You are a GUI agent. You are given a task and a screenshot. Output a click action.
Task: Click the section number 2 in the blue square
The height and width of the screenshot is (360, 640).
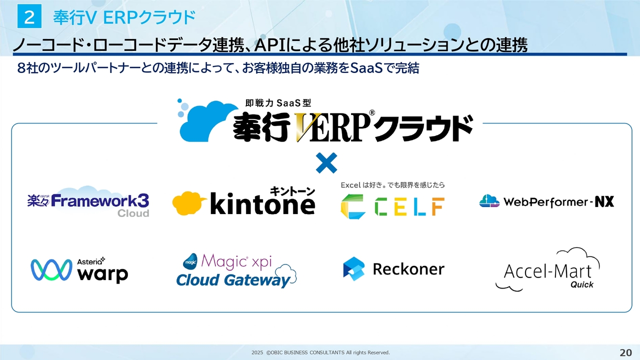point(29,17)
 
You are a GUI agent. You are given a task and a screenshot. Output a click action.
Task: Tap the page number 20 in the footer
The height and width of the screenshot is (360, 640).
point(625,352)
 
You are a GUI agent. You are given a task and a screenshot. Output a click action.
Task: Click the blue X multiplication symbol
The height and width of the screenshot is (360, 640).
point(326,163)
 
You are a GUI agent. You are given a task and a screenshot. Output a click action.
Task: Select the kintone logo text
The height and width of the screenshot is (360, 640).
point(262,204)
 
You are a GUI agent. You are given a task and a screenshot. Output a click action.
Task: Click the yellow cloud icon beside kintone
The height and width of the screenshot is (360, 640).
point(189,203)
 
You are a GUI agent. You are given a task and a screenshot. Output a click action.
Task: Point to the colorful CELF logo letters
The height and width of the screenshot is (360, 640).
point(392,205)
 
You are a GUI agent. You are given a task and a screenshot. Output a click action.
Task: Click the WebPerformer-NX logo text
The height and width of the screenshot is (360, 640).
point(558,202)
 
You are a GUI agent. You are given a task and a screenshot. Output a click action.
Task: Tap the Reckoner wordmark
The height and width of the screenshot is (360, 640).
point(408,269)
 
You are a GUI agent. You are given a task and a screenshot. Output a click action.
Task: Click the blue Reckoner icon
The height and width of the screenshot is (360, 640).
point(354,268)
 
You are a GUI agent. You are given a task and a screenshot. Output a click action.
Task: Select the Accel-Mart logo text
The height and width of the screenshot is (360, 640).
point(547,271)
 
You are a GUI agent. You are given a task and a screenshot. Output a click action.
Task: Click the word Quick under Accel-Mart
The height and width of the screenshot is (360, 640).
point(581,284)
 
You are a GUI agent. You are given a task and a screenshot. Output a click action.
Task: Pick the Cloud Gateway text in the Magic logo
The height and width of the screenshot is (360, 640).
point(233,280)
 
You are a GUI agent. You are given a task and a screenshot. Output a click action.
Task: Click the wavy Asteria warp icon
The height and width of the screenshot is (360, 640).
point(51,270)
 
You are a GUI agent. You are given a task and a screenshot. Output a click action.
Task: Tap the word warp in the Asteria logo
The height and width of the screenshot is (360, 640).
point(103,274)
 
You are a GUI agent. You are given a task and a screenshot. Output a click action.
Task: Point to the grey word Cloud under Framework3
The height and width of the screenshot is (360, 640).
point(133,213)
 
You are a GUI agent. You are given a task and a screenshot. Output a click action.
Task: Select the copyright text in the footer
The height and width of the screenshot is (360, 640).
point(320,353)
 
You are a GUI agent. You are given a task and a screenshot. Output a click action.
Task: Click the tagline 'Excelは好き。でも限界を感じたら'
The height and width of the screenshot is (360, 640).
point(392,185)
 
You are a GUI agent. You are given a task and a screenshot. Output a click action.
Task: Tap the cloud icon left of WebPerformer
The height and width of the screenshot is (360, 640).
point(489,201)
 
